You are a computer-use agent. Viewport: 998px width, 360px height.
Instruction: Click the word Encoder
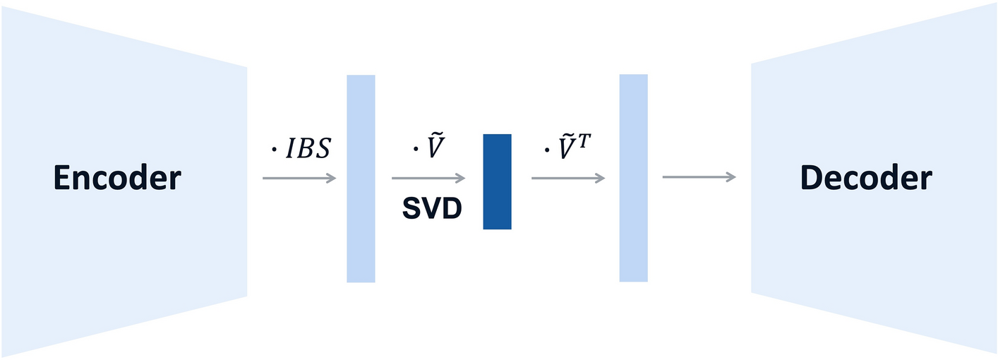(117, 179)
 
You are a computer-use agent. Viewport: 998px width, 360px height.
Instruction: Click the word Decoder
(866, 179)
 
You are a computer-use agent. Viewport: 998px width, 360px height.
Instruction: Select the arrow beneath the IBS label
(299, 179)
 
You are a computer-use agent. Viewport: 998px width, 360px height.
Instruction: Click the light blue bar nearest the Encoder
(361, 179)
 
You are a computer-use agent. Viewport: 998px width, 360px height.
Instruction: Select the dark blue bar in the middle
(497, 181)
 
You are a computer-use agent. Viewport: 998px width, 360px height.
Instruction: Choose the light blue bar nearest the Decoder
(633, 178)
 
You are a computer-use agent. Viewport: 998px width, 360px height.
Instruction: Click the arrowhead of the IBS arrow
(332, 179)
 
